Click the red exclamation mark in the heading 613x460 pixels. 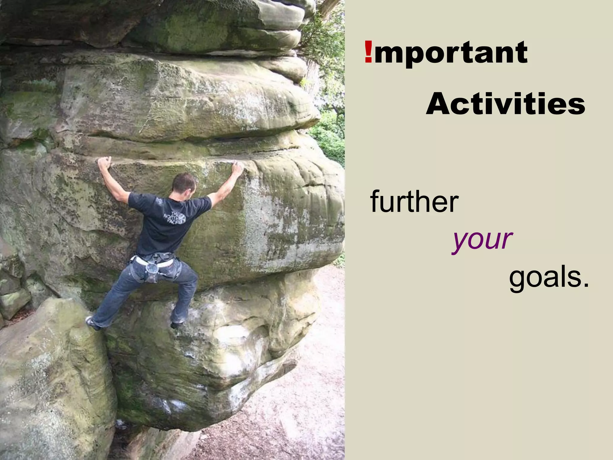click(x=368, y=52)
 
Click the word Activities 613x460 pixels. click(x=506, y=104)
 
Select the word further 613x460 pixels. click(x=414, y=201)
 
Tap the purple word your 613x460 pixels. click(x=482, y=240)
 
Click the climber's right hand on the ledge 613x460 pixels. click(x=238, y=168)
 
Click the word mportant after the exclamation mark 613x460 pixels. click(x=450, y=53)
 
